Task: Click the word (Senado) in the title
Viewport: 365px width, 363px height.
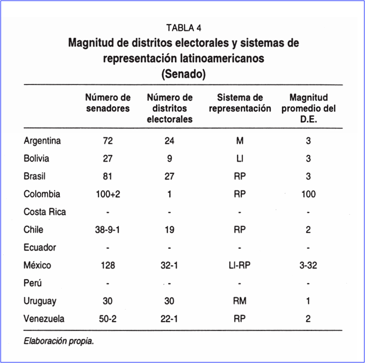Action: click(183, 74)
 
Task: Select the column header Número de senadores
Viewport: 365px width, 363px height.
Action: click(108, 103)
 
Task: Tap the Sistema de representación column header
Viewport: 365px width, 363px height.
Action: click(240, 103)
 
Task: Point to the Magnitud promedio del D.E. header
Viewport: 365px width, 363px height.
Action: click(308, 108)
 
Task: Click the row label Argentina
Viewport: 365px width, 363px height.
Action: click(42, 141)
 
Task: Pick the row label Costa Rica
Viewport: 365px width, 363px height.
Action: click(45, 212)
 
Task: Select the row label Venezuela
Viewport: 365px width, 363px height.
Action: click(44, 319)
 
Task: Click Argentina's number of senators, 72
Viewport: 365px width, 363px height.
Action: click(108, 141)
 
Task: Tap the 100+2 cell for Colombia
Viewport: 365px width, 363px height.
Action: click(108, 194)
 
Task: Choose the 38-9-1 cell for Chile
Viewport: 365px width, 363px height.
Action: click(108, 229)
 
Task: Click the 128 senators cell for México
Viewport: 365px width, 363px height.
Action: click(108, 265)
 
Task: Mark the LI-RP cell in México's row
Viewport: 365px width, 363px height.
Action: click(240, 265)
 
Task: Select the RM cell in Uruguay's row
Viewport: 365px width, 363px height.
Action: click(240, 301)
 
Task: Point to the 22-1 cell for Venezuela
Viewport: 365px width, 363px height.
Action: click(170, 319)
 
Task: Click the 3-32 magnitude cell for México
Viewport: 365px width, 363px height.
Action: click(308, 265)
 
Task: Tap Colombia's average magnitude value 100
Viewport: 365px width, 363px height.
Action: click(308, 194)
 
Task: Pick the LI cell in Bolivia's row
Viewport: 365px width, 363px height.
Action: click(240, 159)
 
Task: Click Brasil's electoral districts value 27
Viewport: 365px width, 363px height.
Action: click(170, 176)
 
